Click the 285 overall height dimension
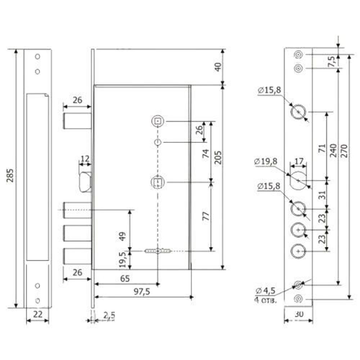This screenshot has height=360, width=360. pyautogui.click(x=10, y=175)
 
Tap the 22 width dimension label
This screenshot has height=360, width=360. pyautogui.click(x=38, y=314)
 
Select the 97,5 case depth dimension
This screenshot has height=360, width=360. pyautogui.click(x=142, y=292)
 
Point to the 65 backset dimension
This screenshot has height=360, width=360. pyautogui.click(x=125, y=279)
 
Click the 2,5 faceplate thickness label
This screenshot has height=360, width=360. pyautogui.click(x=109, y=316)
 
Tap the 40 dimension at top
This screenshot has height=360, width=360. pyautogui.click(x=218, y=67)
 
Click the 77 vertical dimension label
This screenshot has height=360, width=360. pyautogui.click(x=206, y=216)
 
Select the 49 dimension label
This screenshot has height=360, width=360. pyautogui.click(x=122, y=237)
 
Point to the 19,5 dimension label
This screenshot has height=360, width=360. pyautogui.click(x=123, y=260)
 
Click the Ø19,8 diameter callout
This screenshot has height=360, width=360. pyautogui.click(x=266, y=161)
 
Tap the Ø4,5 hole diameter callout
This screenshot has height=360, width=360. pyautogui.click(x=266, y=291)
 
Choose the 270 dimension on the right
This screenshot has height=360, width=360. pyautogui.click(x=345, y=151)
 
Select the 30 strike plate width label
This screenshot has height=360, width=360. pyautogui.click(x=299, y=314)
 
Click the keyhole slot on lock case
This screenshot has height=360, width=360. pyautogui.click(x=158, y=251)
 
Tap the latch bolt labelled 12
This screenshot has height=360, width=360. pyautogui.click(x=85, y=182)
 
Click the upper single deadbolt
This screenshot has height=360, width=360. pyautogui.click(x=77, y=121)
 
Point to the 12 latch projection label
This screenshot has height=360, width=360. pyautogui.click(x=85, y=159)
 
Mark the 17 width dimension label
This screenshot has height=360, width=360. pyautogui.click(x=299, y=161)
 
